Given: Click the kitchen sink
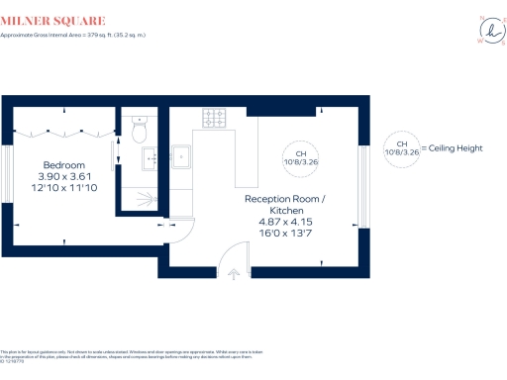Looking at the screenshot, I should point(183,155).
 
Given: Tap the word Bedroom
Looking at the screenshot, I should point(63,164).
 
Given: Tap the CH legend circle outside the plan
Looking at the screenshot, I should point(401,149).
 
